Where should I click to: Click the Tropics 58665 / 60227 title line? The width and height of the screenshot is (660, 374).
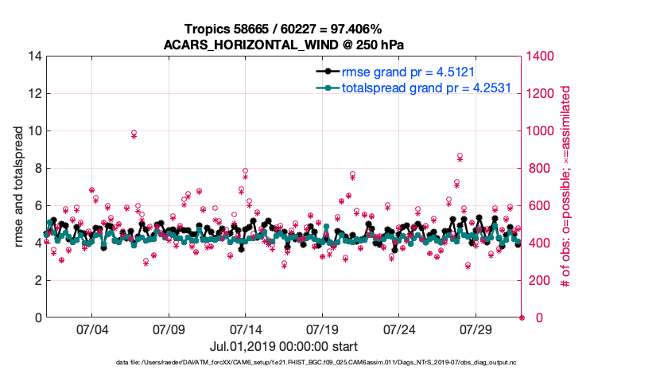(285, 28)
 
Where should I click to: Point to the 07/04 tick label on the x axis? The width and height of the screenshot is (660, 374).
(91, 329)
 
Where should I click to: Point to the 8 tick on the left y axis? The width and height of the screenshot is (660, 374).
(37, 169)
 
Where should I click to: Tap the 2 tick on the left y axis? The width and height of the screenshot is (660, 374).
(37, 281)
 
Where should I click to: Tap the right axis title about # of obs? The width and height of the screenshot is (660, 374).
(566, 187)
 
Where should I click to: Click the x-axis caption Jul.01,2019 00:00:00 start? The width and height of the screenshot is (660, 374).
(284, 346)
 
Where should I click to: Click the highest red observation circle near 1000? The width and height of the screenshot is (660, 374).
(134, 133)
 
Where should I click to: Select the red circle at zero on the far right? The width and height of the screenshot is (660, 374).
(522, 318)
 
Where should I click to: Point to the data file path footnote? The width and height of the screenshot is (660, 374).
(329, 363)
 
